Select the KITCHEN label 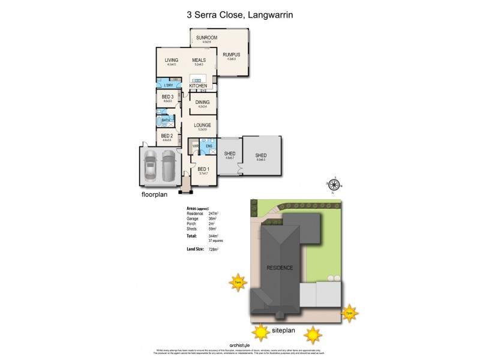198,86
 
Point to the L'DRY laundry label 168,85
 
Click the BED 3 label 167,97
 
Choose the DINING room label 202,103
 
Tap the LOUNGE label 202,125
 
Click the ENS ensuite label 208,146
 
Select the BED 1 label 203,169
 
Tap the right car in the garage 169,165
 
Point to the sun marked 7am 238,281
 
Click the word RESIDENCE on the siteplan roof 280,268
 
